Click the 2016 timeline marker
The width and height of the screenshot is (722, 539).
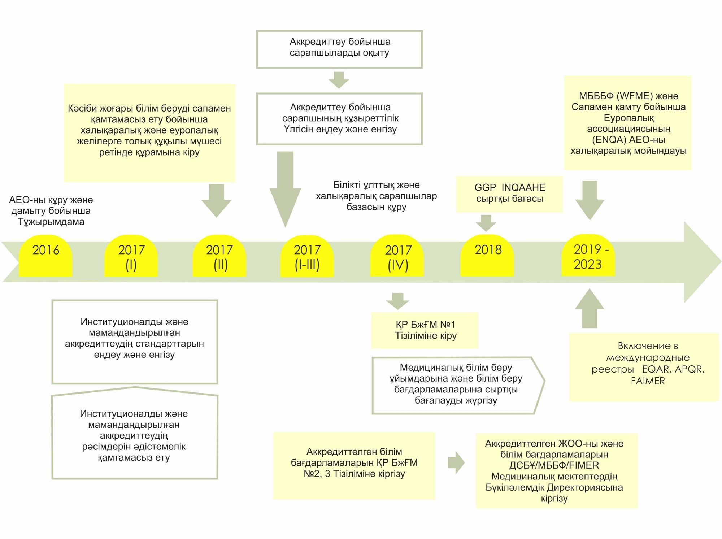pos(45,256)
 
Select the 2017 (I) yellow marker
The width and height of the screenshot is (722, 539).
pos(131,256)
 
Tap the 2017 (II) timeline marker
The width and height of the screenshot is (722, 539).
pos(219,256)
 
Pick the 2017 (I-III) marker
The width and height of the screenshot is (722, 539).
pos(307,256)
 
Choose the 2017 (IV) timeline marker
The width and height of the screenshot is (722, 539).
pos(397,256)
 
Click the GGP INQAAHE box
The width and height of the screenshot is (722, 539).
pos(509,194)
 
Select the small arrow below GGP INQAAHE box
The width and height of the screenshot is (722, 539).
pos(486,223)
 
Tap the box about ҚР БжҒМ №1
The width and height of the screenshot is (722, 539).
pos(425,330)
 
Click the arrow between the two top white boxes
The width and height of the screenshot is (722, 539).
pos(339,80)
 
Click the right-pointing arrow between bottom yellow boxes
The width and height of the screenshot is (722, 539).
pos(456,462)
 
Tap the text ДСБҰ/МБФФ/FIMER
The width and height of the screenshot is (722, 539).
pos(554,465)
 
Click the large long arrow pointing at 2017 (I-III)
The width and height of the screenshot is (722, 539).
pos(285,190)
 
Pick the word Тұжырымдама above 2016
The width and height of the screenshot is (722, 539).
pos(51,222)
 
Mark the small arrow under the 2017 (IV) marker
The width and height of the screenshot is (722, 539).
pos(398,301)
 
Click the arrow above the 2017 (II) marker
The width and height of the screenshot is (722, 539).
pos(216,201)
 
